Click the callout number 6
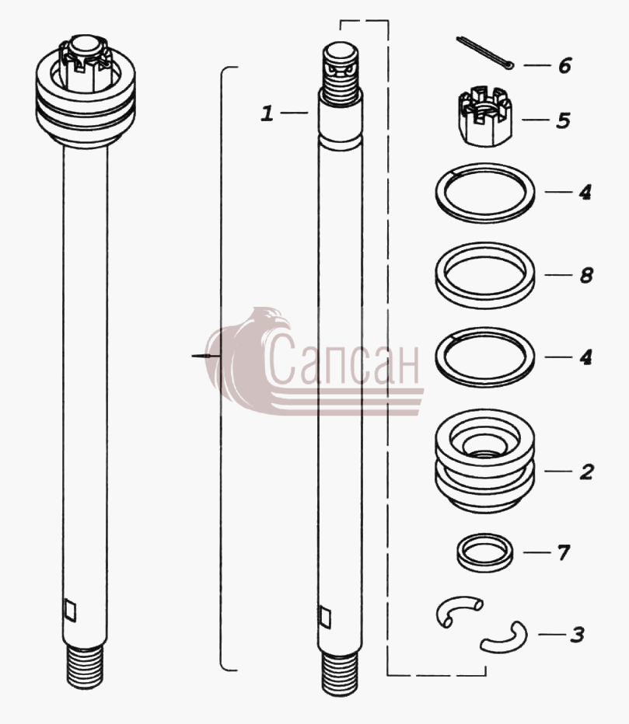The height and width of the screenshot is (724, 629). coord(564,65)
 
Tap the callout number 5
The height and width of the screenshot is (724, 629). coord(563,120)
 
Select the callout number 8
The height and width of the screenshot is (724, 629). coord(586,276)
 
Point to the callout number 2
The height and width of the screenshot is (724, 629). coord(586,472)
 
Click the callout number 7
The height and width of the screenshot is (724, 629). coord(564,552)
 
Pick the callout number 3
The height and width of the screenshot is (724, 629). coord(577,635)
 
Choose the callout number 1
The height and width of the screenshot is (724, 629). coord(267,113)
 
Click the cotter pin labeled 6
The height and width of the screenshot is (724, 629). coord(485,54)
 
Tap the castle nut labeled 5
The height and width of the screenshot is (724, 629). coord(485,116)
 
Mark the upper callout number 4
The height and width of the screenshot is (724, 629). coord(585,192)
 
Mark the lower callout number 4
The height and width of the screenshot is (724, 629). coord(585,357)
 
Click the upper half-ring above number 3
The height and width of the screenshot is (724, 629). coord(457,604)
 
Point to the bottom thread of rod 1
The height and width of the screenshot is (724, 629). coord(340,674)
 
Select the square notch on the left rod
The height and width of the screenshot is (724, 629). coord(70,610)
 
